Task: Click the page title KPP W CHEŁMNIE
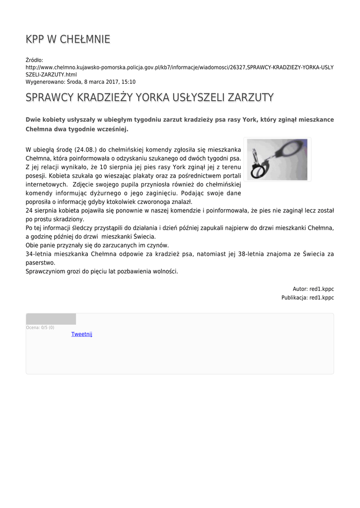(68, 39)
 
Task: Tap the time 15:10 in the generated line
(129, 82)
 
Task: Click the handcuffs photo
(277, 159)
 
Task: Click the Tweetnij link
(82, 334)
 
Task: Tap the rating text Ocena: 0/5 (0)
(40, 327)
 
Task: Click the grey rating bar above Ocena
(51, 319)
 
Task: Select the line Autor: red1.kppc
(313, 289)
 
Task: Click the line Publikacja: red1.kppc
(307, 298)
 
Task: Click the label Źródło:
(35, 60)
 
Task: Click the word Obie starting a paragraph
(32, 245)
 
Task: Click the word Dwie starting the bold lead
(33, 120)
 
